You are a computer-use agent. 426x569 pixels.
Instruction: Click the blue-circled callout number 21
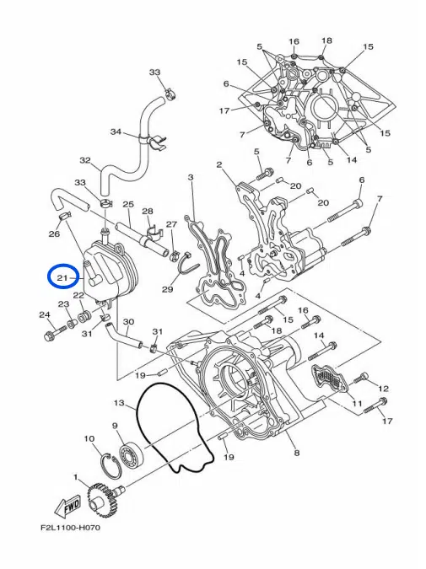pos(62,276)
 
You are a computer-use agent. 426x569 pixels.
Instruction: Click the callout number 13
pos(119,403)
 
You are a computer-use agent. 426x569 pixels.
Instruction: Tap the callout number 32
pos(84,160)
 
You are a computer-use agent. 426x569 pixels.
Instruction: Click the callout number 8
pos(296,454)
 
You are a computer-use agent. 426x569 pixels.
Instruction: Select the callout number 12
pos(383,387)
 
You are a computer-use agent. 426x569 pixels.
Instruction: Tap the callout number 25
pos(128,205)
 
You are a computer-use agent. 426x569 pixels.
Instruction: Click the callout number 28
pos(147,212)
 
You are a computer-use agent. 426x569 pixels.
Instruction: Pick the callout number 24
pos(44,315)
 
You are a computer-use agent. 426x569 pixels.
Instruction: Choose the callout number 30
pos(128,322)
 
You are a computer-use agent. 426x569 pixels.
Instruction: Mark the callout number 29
pos(167,289)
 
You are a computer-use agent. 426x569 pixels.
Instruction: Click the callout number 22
pos(78,295)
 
